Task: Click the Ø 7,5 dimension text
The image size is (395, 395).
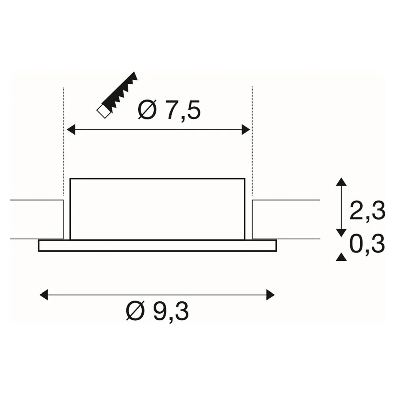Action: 169,110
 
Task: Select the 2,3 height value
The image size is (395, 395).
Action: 367,211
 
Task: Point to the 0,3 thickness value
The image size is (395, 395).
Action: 367,244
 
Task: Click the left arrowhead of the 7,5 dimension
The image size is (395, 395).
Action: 71,130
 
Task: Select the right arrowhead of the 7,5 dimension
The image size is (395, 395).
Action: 246,130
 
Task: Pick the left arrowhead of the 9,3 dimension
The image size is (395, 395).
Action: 44,295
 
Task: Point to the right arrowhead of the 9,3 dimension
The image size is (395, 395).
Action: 270,295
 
